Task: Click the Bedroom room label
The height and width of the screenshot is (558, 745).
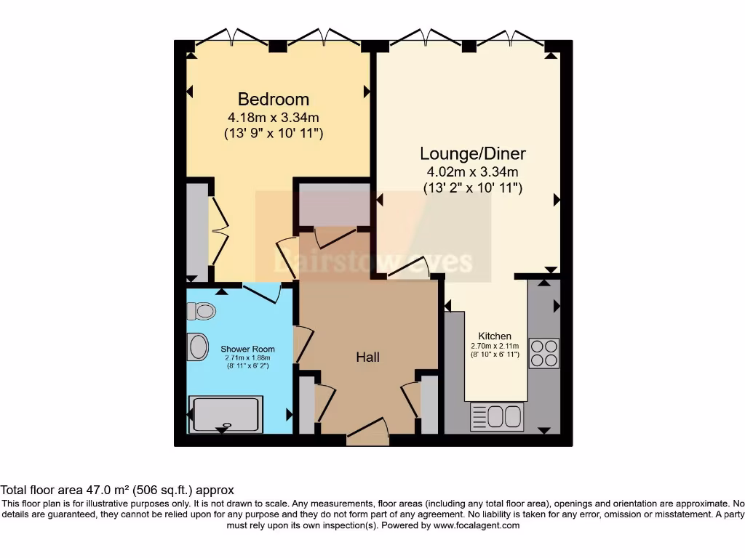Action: [274, 99]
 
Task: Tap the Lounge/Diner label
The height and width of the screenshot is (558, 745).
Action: [473, 153]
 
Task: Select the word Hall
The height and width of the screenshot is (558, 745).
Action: [367, 357]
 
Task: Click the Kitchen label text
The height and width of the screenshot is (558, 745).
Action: [495, 336]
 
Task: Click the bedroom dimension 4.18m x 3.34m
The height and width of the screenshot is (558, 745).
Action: [274, 117]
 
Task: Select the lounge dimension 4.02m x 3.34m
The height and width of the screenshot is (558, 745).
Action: [473, 172]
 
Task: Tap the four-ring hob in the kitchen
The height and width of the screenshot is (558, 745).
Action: [543, 353]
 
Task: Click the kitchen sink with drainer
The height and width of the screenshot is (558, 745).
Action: [497, 417]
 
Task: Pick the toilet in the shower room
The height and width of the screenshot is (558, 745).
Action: [202, 312]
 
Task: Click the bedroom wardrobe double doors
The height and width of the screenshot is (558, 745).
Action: [218, 231]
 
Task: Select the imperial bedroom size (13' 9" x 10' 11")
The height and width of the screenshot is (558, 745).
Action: [274, 134]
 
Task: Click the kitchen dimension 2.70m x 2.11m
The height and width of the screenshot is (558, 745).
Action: [495, 346]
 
